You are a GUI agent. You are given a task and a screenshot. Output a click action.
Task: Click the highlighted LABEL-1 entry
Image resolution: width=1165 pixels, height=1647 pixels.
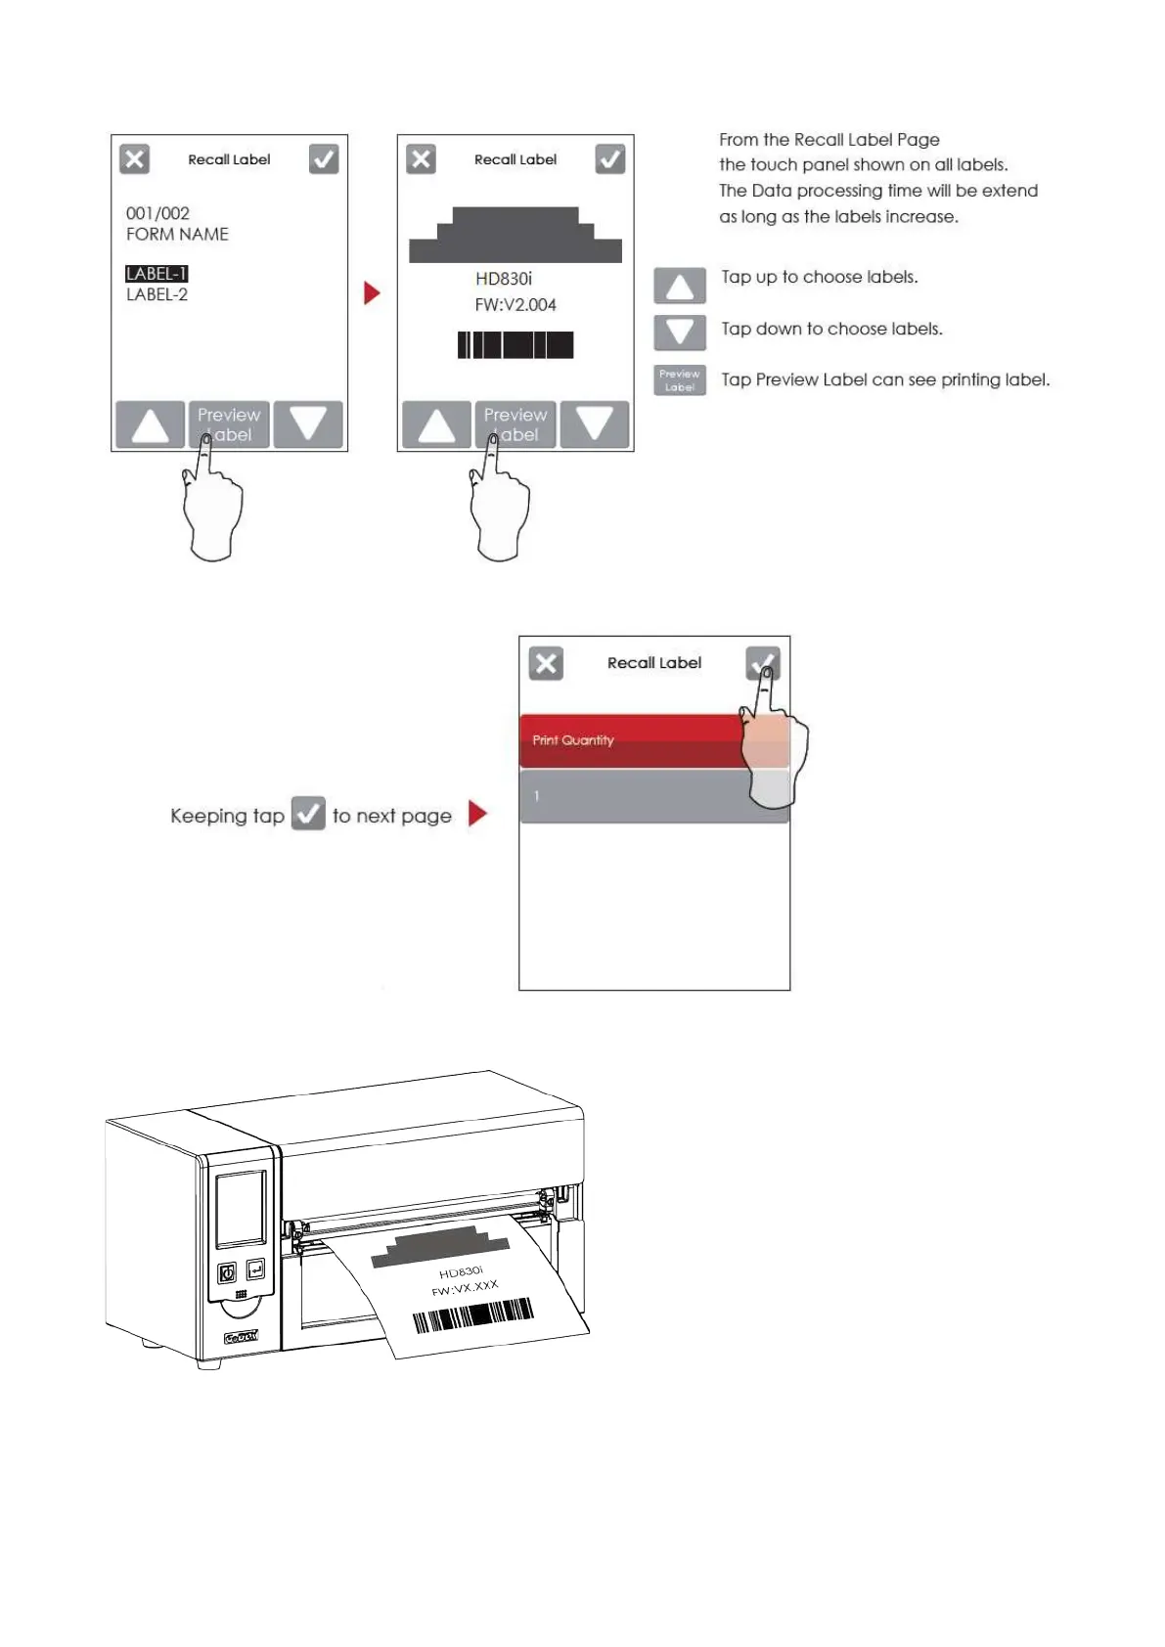[157, 274]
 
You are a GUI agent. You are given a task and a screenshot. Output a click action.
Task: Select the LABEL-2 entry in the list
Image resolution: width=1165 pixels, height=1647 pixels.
[157, 294]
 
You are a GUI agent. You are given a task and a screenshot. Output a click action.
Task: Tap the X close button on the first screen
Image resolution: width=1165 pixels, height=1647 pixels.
[135, 159]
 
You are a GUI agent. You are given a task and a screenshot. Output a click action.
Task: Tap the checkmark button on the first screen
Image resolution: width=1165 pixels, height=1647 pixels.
[324, 159]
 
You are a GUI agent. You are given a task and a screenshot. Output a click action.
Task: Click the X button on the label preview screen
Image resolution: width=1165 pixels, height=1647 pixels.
[422, 159]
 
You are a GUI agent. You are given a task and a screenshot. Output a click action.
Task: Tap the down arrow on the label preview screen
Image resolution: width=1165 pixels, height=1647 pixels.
[594, 424]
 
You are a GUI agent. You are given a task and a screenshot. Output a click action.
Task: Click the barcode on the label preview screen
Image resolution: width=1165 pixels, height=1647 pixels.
[515, 344]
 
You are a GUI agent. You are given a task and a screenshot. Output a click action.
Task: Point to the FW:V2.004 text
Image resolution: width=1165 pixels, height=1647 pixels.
[515, 305]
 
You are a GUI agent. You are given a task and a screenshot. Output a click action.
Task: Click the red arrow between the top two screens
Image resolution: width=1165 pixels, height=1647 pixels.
[372, 292]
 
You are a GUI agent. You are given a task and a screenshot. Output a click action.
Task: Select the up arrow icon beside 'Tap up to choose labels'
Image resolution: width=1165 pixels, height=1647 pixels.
[680, 286]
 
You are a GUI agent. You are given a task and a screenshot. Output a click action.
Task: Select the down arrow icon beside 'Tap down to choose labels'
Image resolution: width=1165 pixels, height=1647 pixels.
[680, 333]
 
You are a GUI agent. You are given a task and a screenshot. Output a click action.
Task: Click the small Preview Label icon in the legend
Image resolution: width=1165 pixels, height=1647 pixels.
[680, 380]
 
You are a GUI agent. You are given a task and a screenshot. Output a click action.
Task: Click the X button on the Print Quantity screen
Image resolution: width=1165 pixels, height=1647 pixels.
[546, 663]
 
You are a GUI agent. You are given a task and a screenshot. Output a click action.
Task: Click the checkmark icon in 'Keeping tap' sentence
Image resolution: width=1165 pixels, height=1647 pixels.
[308, 814]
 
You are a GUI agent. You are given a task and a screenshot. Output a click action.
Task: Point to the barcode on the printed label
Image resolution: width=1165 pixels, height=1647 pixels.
[472, 1315]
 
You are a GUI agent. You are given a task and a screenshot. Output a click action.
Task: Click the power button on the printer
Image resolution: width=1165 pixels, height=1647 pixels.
[227, 1272]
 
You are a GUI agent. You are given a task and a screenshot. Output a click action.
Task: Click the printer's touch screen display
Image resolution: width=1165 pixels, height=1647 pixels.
[241, 1208]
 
